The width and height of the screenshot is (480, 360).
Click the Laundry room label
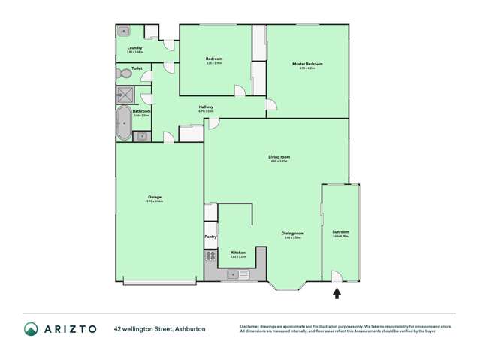[x=134, y=48]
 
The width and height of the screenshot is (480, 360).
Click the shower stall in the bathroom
[x=123, y=95]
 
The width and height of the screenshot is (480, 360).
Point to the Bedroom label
[x=214, y=59]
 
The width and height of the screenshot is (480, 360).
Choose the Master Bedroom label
[x=306, y=64]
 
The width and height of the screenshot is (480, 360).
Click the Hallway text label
[x=206, y=107]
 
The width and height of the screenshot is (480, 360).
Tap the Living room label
[x=279, y=156]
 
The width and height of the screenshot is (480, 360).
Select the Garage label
[x=155, y=198]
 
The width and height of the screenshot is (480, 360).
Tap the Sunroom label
[x=340, y=233]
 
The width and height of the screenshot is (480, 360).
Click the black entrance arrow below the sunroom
[x=337, y=292]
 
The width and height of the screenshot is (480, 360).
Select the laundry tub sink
[x=124, y=32]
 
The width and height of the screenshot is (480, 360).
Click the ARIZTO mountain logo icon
[x=31, y=328]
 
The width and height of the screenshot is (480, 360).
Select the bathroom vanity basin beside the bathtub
[x=142, y=136]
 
